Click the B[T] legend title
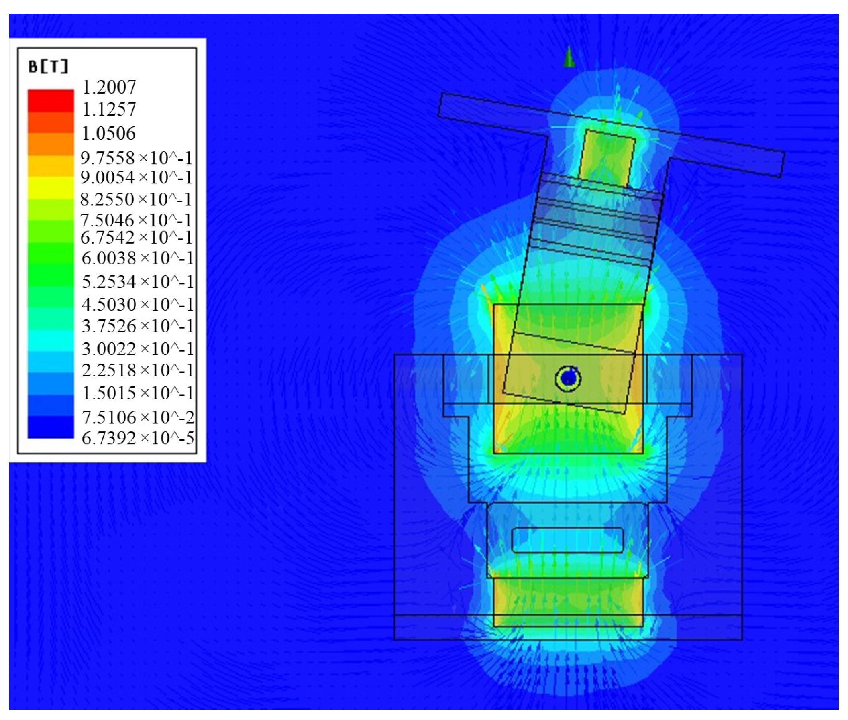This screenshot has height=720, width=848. [x=48, y=67]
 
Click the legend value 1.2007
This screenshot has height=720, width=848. [x=109, y=87]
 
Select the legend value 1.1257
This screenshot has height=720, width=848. [x=109, y=110]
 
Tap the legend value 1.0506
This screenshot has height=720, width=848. [x=109, y=134]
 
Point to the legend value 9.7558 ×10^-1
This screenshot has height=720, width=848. [x=137, y=158]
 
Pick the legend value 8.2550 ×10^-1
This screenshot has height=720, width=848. [x=137, y=199]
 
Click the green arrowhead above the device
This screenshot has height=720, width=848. [x=569, y=57]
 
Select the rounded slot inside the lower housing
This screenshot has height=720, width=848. [x=567, y=540]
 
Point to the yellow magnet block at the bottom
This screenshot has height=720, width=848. [x=567, y=602]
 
